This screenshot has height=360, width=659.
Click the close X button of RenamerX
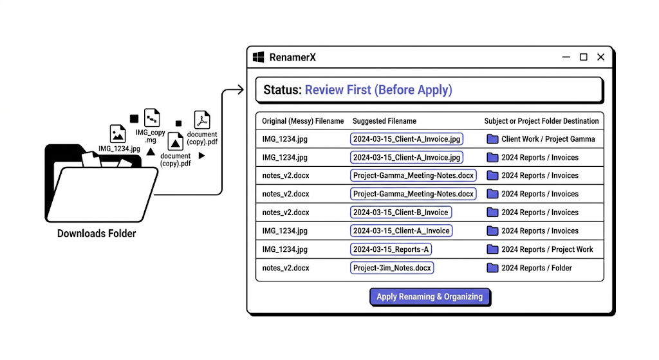click(600, 57)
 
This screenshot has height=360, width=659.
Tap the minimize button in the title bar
click(566, 57)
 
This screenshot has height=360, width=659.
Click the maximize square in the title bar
click(583, 57)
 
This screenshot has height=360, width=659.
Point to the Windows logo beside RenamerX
click(259, 57)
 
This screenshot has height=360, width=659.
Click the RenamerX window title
click(293, 57)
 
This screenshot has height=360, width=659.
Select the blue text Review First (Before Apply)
click(378, 90)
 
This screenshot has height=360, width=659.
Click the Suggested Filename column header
click(384, 121)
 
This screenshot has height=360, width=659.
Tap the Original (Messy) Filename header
click(302, 121)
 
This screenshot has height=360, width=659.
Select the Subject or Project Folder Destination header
click(541, 121)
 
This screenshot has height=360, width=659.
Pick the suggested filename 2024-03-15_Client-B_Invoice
click(400, 213)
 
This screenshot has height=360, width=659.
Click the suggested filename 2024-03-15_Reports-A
click(391, 249)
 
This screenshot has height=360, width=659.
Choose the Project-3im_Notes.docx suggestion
click(392, 268)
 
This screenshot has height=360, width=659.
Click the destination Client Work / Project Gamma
click(548, 139)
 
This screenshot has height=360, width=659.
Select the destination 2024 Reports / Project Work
click(547, 249)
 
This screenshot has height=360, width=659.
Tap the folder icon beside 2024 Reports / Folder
click(492, 268)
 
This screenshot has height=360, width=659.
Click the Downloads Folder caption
click(97, 233)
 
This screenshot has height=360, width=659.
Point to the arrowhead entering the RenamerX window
click(241, 90)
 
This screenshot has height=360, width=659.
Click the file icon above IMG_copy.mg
click(152, 118)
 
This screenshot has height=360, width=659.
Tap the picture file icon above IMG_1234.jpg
click(118, 134)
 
